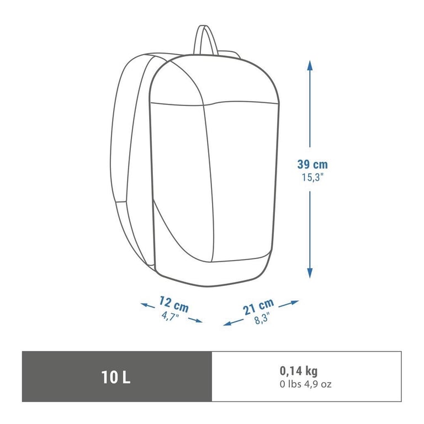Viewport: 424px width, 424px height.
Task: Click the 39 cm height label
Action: (x=312, y=164)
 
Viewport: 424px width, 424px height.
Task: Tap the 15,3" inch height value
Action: (x=312, y=177)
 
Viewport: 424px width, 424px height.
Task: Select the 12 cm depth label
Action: (x=174, y=305)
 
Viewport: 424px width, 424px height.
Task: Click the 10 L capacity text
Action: (x=116, y=377)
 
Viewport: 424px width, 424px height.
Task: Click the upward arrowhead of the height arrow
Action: (x=310, y=65)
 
